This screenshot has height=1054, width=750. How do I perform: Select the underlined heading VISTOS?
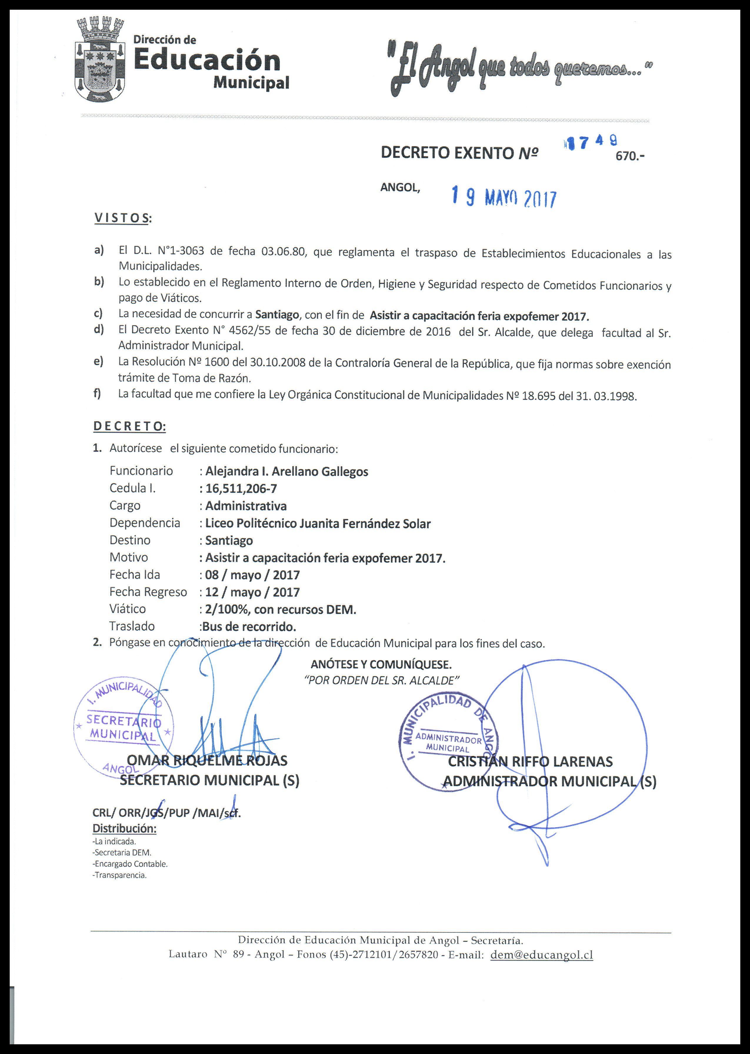122,218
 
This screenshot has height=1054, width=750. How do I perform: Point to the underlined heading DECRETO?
129,426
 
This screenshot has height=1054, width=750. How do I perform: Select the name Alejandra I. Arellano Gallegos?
286,471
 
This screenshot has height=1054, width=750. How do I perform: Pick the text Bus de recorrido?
249,627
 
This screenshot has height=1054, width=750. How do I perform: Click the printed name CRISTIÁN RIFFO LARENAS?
530,761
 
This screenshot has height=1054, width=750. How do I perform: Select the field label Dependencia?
144,523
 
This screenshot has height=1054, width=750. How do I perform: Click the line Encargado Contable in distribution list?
130,863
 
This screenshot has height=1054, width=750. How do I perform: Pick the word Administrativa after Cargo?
246,506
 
